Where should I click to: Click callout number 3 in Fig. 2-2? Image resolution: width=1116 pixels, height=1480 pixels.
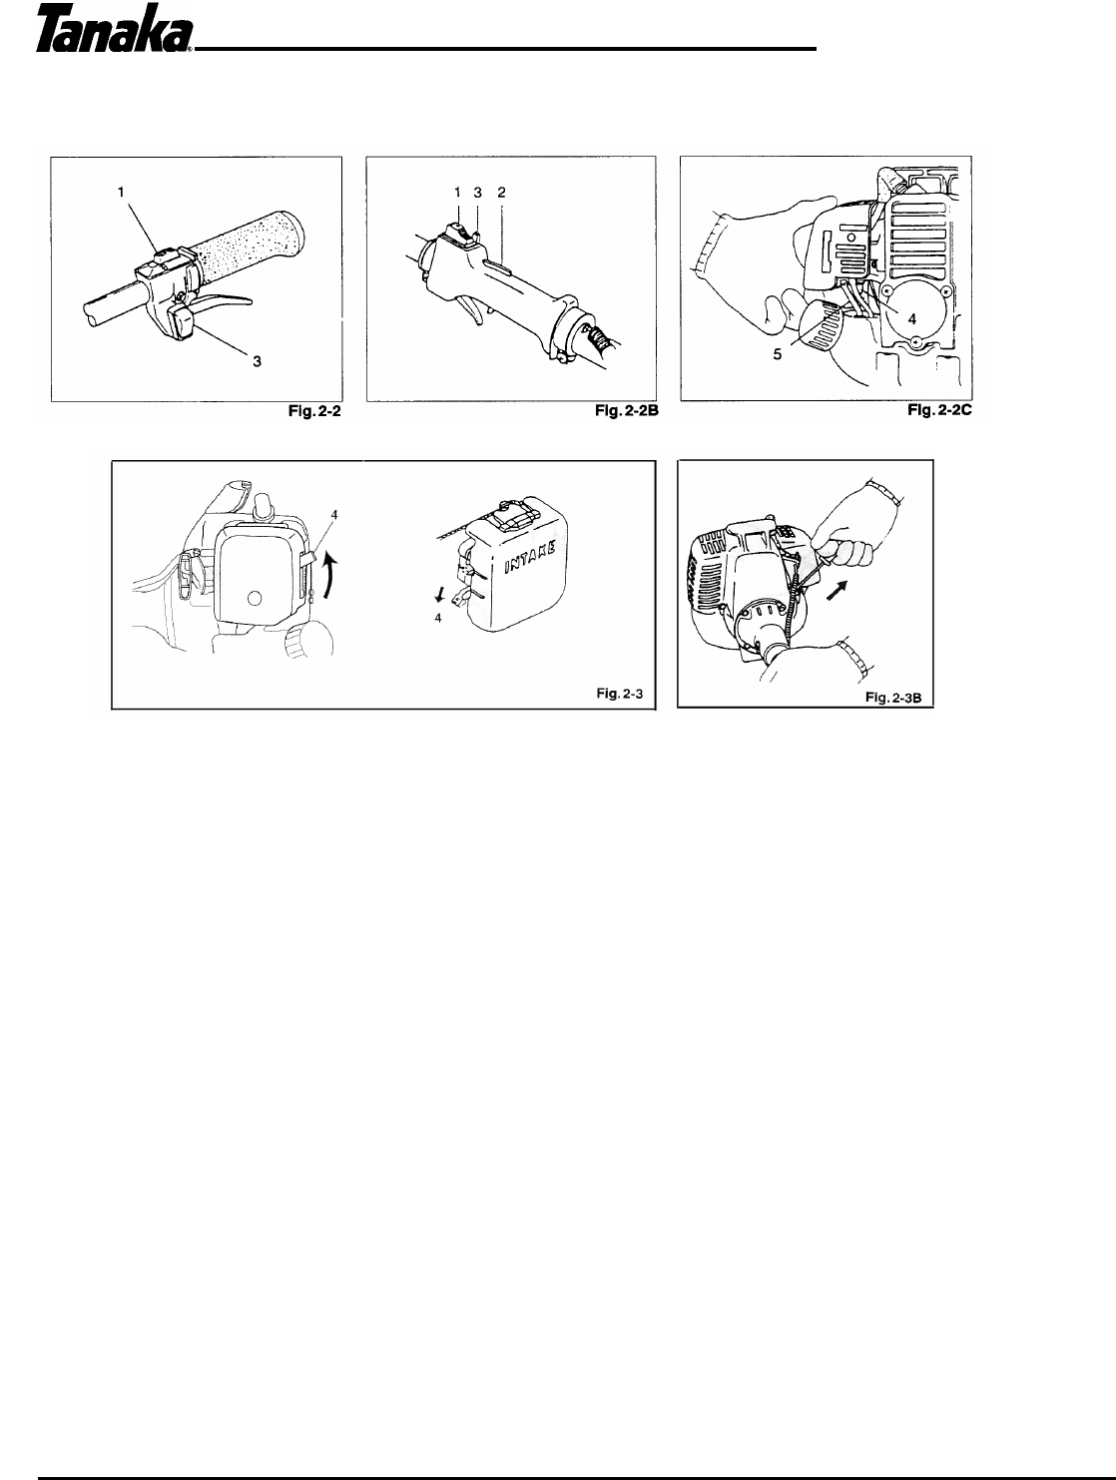pyautogui.click(x=257, y=362)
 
